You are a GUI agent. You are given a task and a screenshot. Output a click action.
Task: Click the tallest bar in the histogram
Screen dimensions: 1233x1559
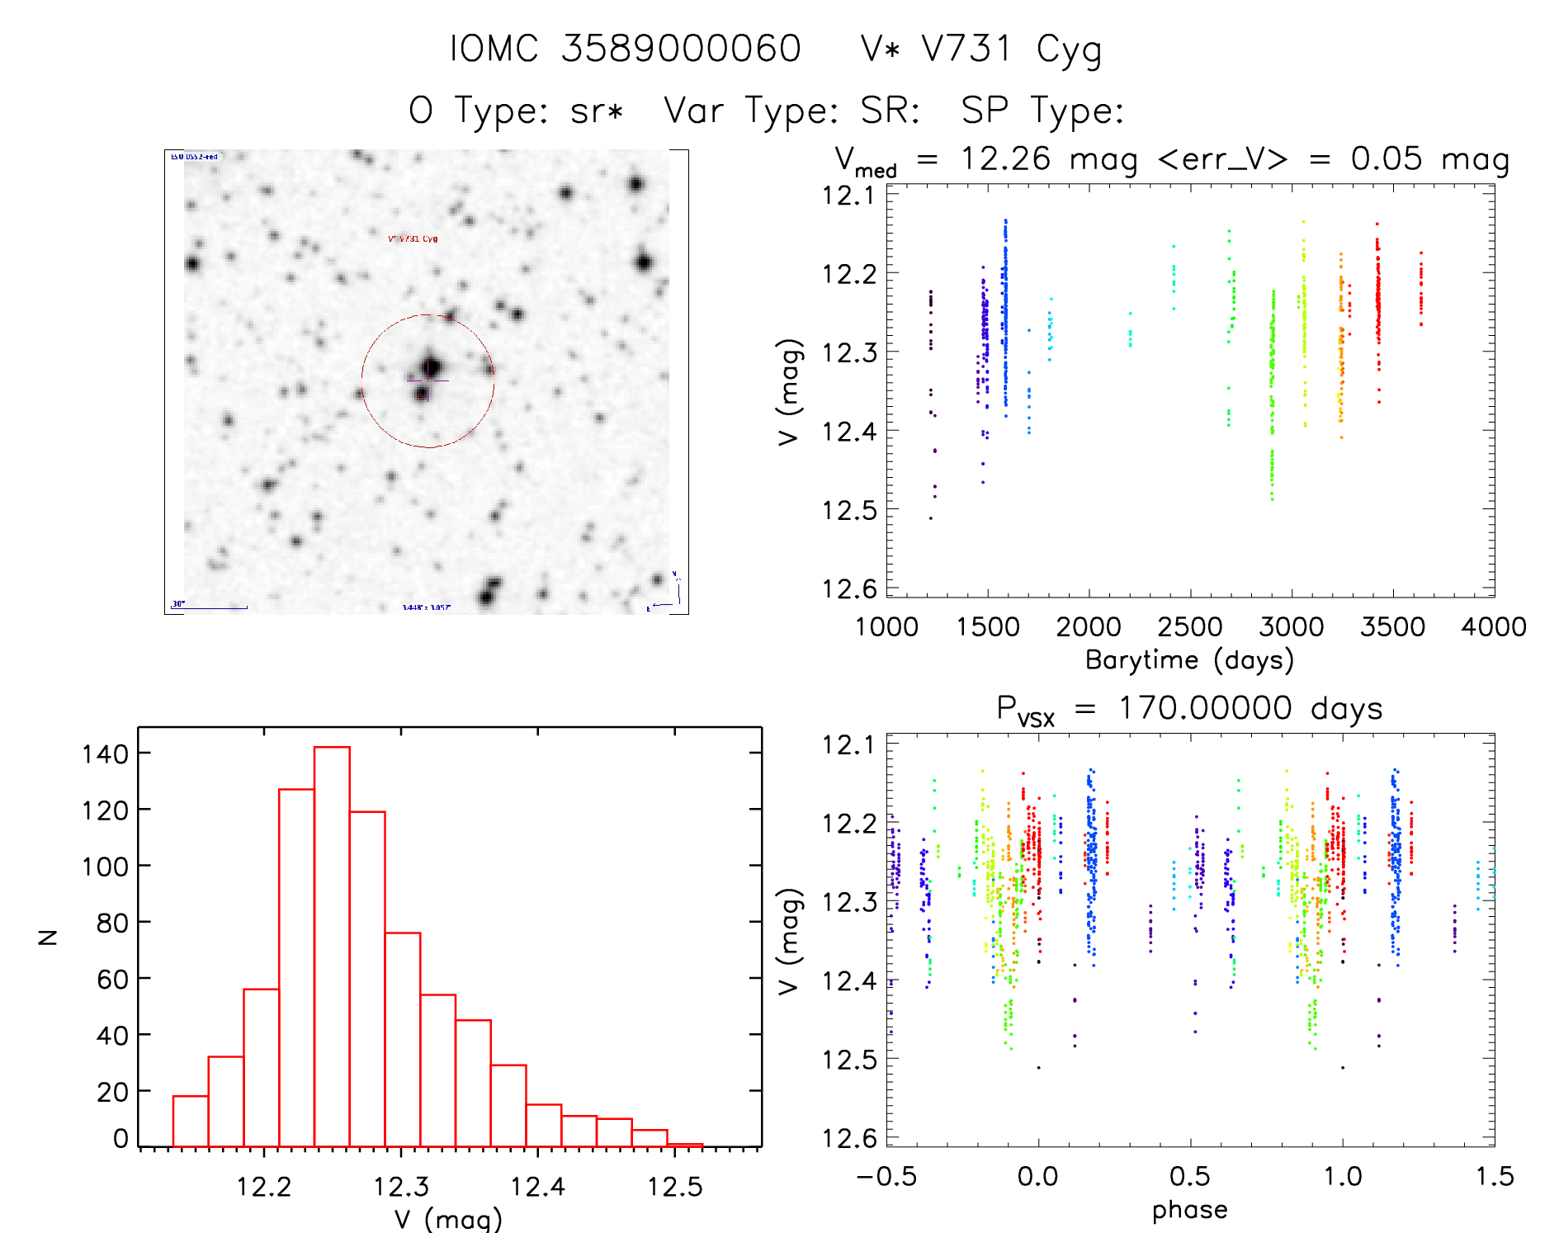click(332, 946)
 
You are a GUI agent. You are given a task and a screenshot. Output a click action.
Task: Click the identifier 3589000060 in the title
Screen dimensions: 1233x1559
click(681, 49)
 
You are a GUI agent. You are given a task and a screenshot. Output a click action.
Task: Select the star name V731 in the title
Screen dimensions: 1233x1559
click(966, 49)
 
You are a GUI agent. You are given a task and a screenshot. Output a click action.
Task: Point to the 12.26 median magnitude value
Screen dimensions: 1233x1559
click(1005, 158)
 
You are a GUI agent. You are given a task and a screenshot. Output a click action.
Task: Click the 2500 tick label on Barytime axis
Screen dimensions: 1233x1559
click(1190, 627)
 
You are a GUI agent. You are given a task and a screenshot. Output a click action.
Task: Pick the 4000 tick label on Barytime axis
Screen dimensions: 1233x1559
click(1494, 627)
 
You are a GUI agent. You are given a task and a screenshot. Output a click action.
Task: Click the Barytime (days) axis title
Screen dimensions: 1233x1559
click(1189, 660)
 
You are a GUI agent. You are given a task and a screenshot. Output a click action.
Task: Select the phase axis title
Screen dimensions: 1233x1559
click(1189, 1210)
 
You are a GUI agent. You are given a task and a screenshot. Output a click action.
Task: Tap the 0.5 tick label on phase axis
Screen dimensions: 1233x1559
click(1190, 1177)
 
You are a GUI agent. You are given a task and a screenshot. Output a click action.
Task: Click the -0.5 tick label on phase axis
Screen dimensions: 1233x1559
click(886, 1177)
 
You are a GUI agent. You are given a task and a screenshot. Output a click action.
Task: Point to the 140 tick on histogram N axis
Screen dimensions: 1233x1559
click(106, 753)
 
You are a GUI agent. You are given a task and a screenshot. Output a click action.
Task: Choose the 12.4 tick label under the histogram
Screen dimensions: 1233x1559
click(537, 1187)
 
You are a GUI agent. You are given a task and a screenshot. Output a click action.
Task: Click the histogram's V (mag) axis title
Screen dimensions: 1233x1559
click(448, 1218)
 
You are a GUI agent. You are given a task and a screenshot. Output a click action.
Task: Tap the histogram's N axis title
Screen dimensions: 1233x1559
click(49, 937)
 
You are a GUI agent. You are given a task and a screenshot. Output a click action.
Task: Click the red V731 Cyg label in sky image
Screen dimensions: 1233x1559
click(413, 239)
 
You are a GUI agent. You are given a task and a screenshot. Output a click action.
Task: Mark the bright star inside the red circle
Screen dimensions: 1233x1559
click(430, 367)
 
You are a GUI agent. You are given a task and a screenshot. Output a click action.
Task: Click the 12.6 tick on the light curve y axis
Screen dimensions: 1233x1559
click(849, 588)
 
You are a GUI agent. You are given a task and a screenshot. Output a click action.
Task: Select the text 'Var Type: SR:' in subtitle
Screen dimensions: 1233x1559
click(792, 111)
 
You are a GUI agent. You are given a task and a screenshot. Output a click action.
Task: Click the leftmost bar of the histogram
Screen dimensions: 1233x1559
click(191, 1121)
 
